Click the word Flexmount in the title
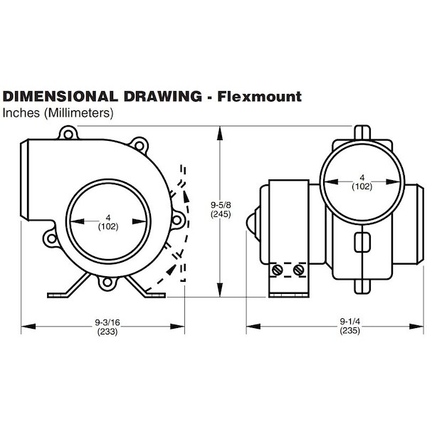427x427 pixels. click(x=260, y=96)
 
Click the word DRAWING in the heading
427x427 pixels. click(x=163, y=96)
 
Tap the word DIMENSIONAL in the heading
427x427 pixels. click(x=60, y=96)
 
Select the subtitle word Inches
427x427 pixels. click(x=21, y=112)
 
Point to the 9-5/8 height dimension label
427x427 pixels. click(x=221, y=204)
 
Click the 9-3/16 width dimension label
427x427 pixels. click(x=107, y=322)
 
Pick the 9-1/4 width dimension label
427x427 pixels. click(x=350, y=322)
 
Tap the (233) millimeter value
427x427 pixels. click(x=107, y=332)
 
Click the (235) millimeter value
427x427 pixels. click(x=350, y=330)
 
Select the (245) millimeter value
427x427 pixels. click(x=221, y=214)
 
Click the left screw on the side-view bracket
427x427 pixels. click(x=278, y=270)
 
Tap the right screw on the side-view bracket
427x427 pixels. click(x=298, y=270)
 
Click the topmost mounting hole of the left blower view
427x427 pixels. click(x=68, y=135)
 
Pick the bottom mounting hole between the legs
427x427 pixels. click(x=107, y=282)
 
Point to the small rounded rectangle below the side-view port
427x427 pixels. click(x=362, y=242)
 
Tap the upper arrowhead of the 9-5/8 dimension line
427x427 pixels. click(x=220, y=133)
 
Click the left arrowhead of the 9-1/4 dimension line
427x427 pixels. click(x=253, y=326)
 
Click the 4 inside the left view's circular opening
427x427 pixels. click(x=108, y=218)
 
